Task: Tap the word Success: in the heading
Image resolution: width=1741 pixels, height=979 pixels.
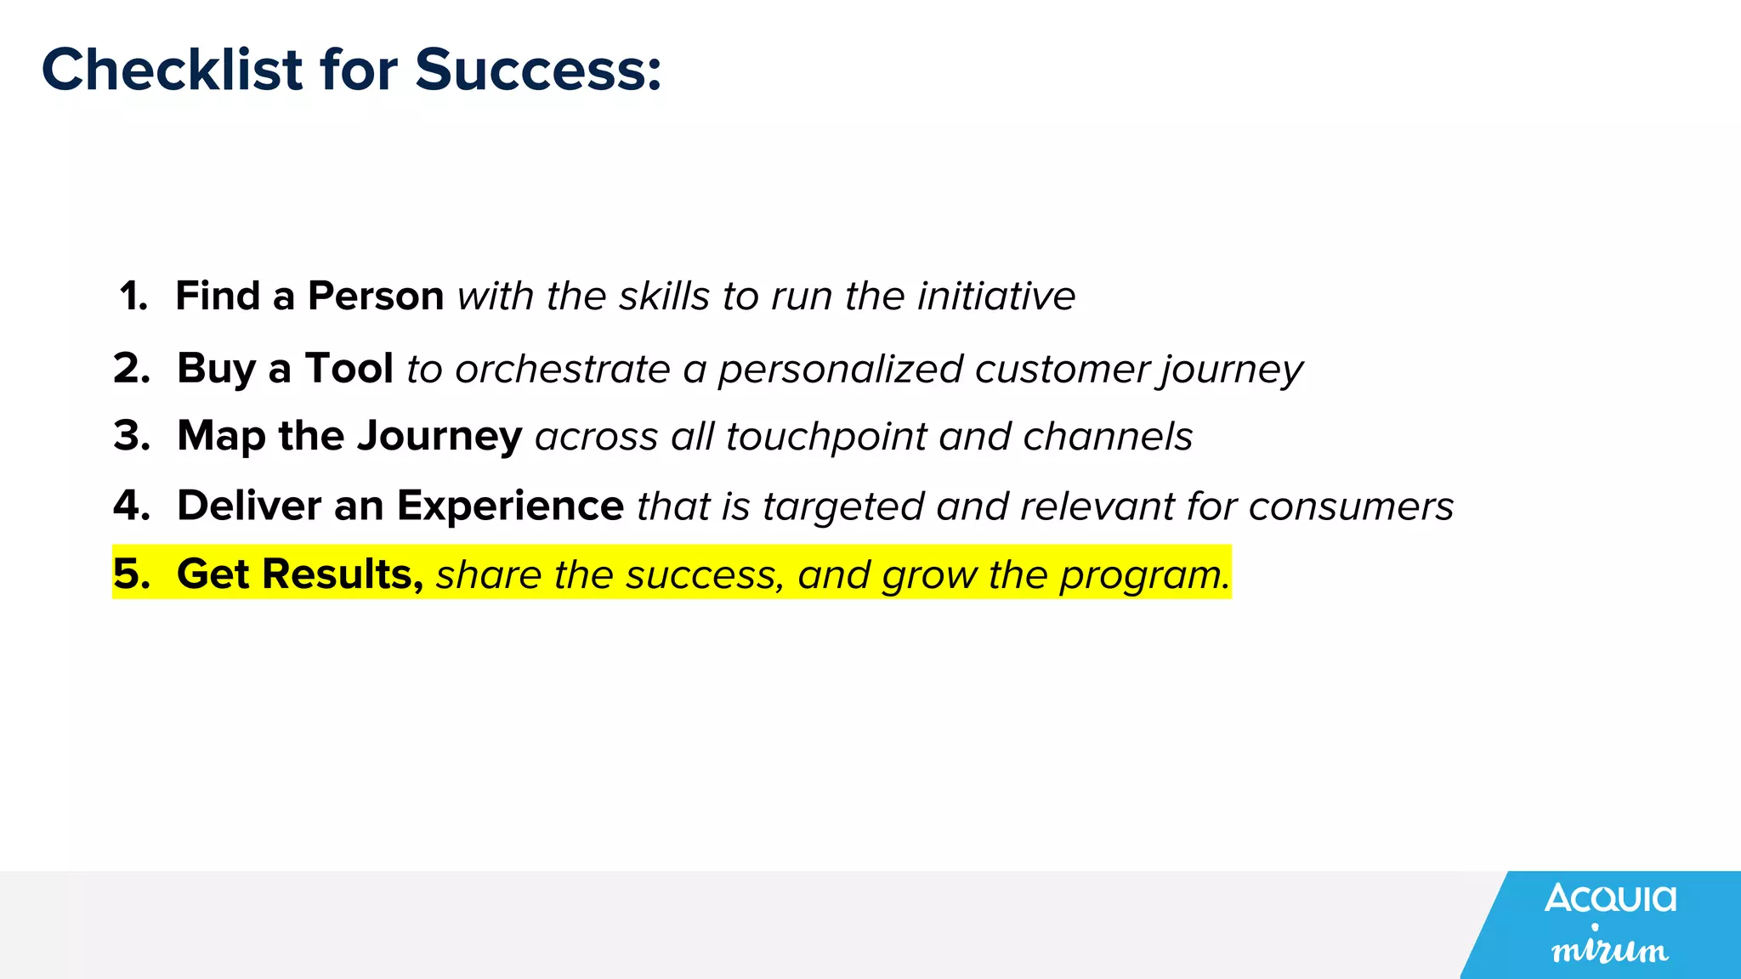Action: pos(537,70)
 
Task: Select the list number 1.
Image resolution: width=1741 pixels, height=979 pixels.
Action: pos(133,297)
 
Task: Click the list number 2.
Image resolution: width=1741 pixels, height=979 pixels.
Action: pos(132,369)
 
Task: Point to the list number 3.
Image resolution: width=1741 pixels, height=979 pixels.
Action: pos(132,436)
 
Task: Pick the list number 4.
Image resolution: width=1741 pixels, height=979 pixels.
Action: pos(132,506)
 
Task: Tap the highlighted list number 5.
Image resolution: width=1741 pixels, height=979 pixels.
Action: pos(132,574)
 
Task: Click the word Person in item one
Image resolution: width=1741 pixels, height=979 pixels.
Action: pos(376,297)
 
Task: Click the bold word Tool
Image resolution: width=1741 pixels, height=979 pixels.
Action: pos(349,369)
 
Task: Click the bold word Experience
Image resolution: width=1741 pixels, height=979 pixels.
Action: pos(510,506)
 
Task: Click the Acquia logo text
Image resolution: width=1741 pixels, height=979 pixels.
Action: pos(1610,898)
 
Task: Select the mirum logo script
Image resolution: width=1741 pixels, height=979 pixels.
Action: pos(1609,948)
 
